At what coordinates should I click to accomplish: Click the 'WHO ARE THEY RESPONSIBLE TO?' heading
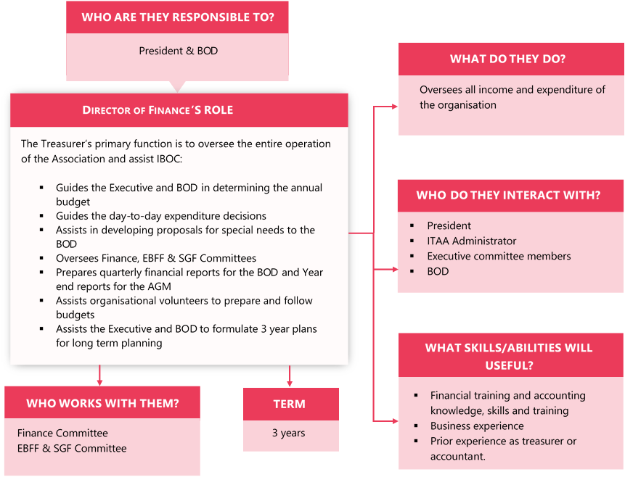point(177,17)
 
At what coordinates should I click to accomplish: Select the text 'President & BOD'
point(178,51)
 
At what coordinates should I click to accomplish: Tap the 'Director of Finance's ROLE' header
point(158,110)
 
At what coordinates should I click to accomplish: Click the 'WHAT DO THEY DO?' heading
point(507,59)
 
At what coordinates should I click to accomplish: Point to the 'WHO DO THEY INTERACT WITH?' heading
point(508,195)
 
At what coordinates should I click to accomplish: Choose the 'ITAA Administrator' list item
point(472,241)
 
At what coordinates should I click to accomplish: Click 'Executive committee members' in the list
point(499,256)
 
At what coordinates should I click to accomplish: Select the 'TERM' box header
point(290,404)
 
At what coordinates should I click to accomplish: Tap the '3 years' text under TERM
point(289,433)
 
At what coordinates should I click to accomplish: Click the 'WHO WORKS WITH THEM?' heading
point(102,403)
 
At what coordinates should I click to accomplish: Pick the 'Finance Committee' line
point(62,433)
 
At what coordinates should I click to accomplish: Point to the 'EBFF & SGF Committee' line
point(72,448)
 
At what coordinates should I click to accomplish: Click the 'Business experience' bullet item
point(477,426)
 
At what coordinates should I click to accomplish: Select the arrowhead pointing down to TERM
point(290,383)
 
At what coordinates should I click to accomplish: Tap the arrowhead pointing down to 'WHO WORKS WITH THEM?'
point(99,381)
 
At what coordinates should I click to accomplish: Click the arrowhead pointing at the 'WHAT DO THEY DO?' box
point(394,106)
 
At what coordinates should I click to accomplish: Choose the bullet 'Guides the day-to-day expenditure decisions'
point(161,215)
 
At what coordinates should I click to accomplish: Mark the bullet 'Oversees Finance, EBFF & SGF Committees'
point(156,257)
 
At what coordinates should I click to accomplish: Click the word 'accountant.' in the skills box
point(458,456)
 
